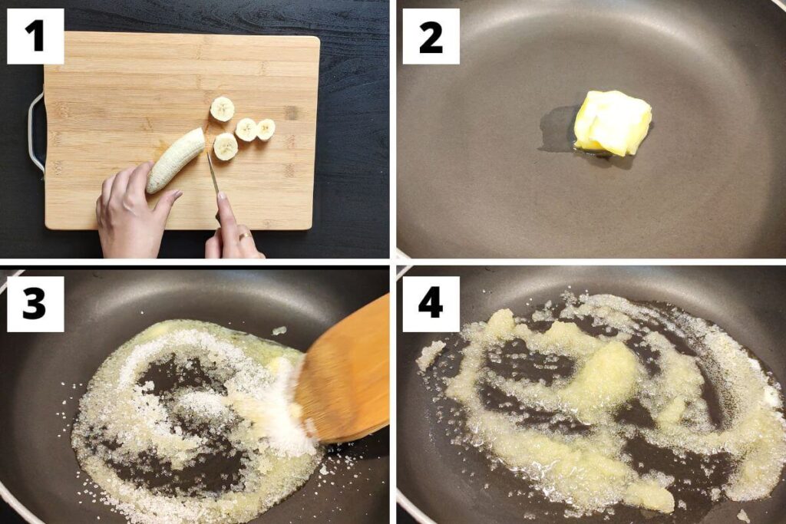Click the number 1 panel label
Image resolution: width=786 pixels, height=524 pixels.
(x=35, y=36)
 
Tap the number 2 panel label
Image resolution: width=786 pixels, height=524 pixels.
(x=431, y=36)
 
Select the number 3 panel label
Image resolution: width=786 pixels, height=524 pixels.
(x=35, y=304)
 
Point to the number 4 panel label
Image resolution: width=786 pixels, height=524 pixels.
(x=431, y=304)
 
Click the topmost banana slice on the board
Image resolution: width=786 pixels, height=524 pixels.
(x=222, y=109)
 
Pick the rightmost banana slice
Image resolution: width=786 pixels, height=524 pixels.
(x=266, y=130)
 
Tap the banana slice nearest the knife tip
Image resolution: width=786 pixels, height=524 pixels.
(x=225, y=147)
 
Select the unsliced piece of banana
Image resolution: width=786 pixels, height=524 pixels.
(x=176, y=160)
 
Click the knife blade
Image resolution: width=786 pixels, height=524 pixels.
(x=213, y=173)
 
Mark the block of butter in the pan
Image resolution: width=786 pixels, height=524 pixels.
(x=612, y=123)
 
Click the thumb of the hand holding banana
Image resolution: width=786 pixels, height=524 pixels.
(x=164, y=203)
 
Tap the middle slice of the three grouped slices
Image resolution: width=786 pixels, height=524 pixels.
(x=246, y=130)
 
